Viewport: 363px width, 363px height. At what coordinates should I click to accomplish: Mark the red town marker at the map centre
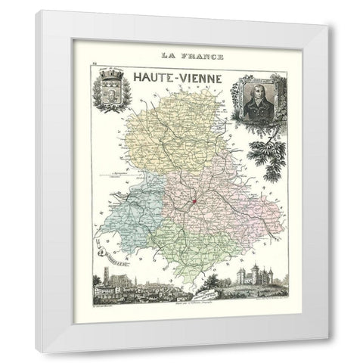194,201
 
